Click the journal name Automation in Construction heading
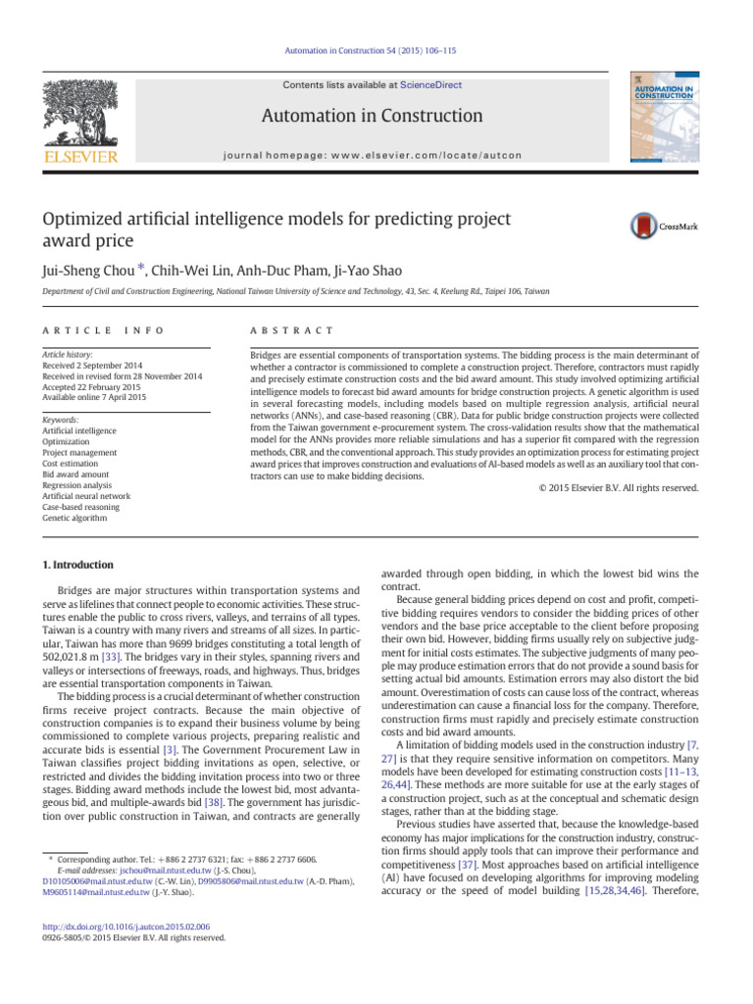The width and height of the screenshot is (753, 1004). click(372, 117)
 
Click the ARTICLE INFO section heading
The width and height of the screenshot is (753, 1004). click(102, 331)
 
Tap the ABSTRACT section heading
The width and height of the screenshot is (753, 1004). click(292, 331)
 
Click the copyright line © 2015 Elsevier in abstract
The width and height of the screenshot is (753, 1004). click(619, 487)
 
